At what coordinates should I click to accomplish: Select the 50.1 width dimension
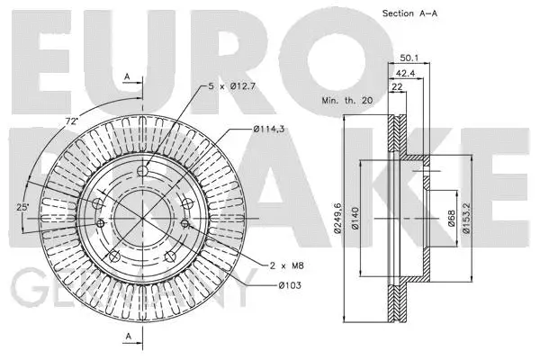tap(409, 59)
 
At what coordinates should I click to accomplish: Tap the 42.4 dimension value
tap(405, 73)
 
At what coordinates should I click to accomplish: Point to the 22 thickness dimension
tap(397, 86)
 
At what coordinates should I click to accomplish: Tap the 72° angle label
tap(71, 121)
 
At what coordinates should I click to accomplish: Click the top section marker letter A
tap(127, 76)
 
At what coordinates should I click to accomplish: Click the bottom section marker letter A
tap(127, 336)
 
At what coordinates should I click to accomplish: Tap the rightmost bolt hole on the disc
tap(184, 223)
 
